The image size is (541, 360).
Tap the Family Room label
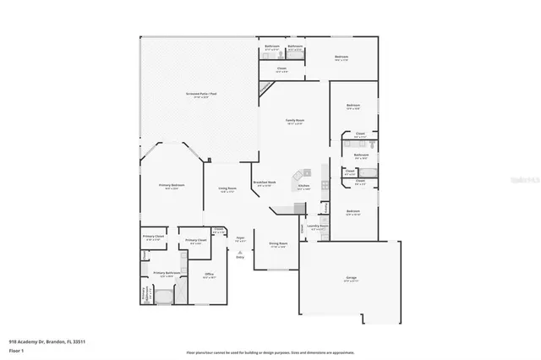pyautogui.click(x=294, y=123)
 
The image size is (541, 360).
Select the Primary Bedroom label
pyautogui.click(x=172, y=186)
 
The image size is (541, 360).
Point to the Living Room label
pyautogui.click(x=227, y=190)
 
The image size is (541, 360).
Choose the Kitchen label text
pyautogui.click(x=303, y=187)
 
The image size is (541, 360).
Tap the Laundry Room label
pyautogui.click(x=318, y=227)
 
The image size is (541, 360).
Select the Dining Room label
pyautogui.click(x=277, y=246)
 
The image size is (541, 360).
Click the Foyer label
pyautogui.click(x=240, y=239)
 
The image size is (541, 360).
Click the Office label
pyautogui.click(x=209, y=275)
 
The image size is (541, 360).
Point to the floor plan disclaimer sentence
pyautogui.click(x=270, y=352)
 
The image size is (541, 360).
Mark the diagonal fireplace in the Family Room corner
pyautogui.click(x=265, y=88)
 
